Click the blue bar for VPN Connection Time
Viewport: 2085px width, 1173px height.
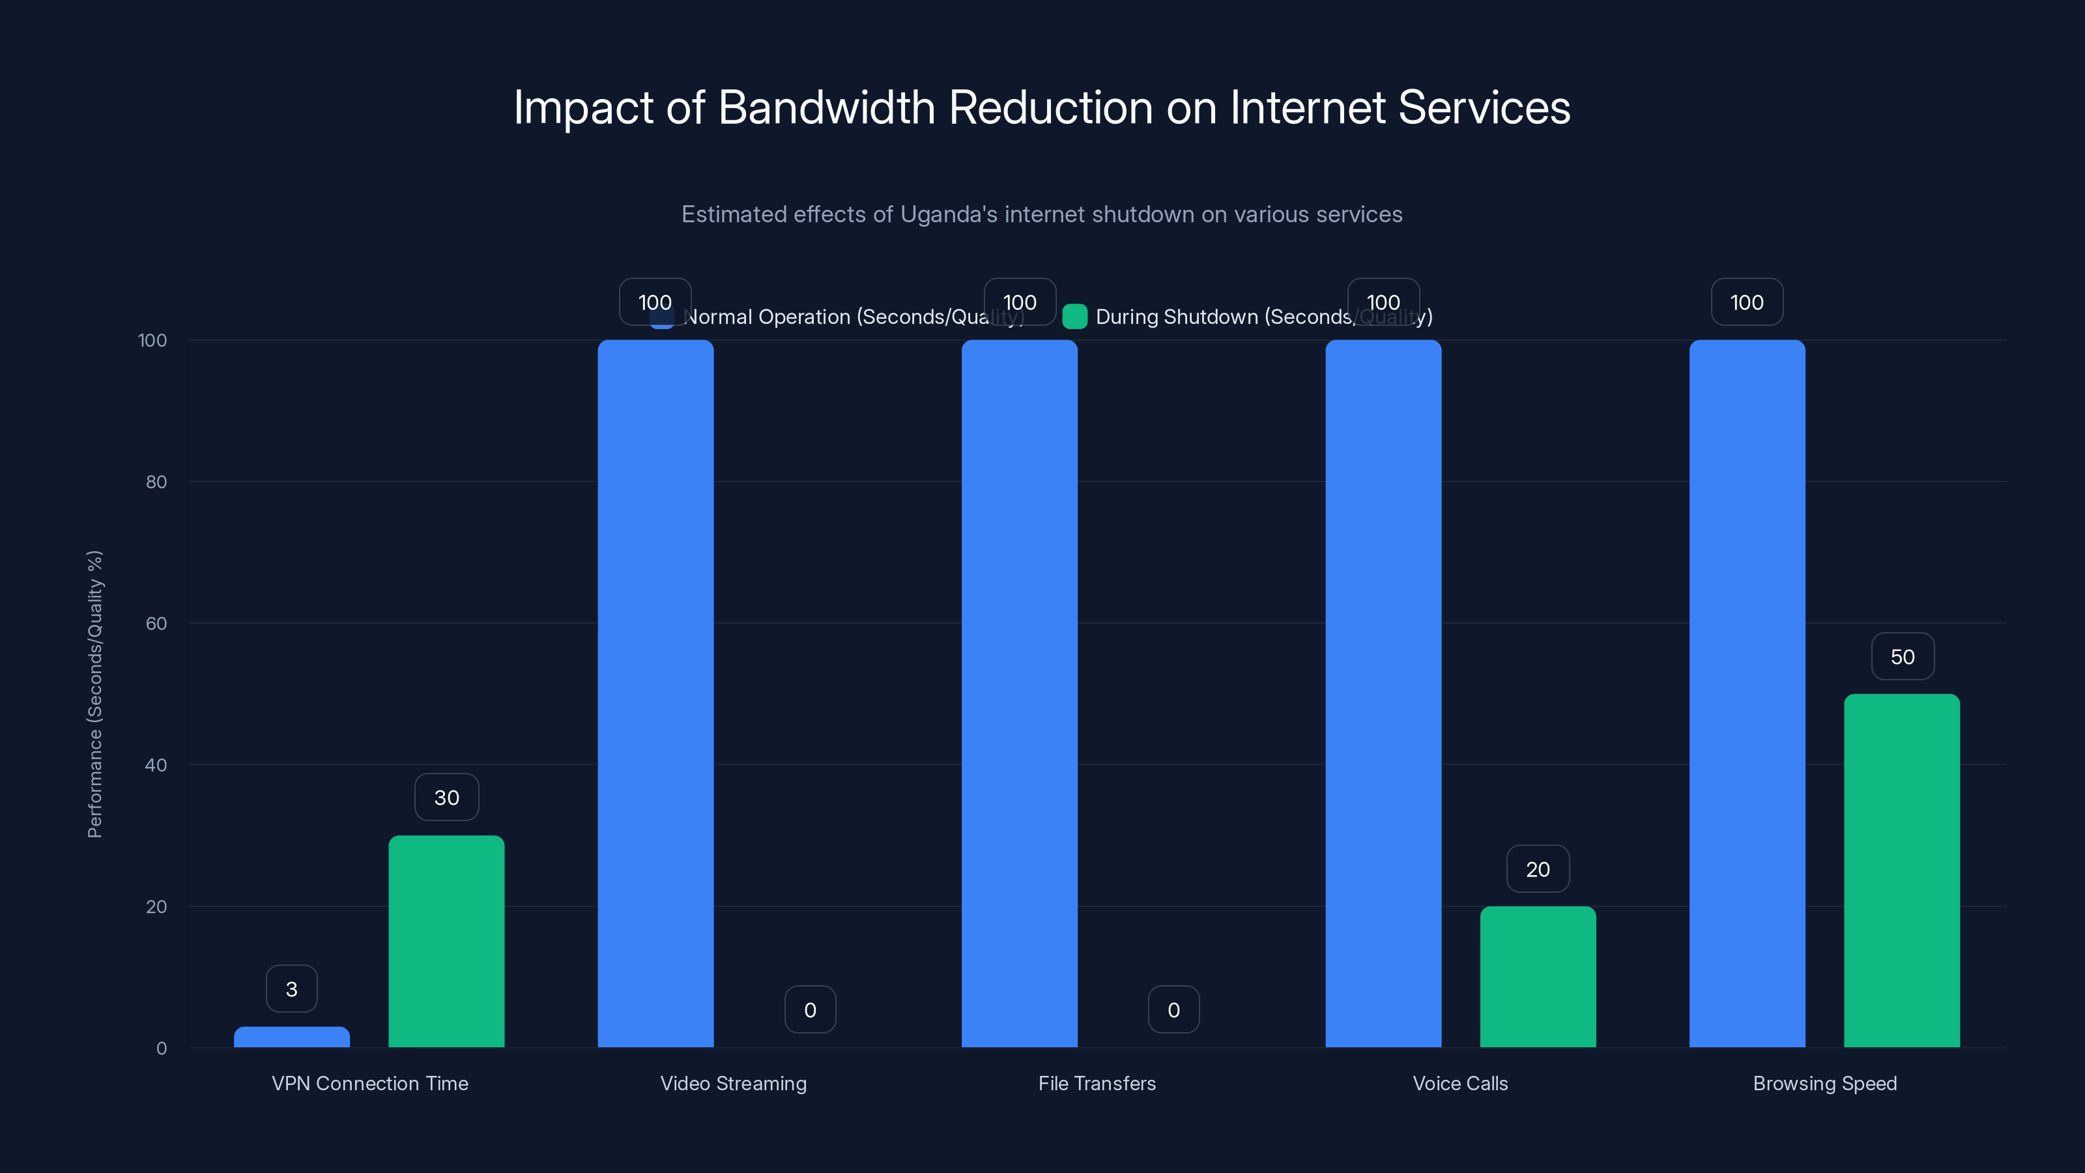point(291,1037)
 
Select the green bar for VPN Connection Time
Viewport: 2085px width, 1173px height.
point(446,942)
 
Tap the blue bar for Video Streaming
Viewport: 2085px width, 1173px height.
point(655,694)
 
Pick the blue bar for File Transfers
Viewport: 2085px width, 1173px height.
point(1019,694)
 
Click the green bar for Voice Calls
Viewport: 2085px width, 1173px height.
point(1538,976)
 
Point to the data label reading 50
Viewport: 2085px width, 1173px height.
point(1902,656)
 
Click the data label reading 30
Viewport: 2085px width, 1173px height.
point(446,798)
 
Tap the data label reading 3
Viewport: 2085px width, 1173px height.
point(291,989)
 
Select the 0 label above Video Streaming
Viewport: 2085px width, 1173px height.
point(809,1009)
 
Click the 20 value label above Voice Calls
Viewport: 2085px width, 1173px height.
point(1537,869)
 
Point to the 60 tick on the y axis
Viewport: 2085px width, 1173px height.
point(156,624)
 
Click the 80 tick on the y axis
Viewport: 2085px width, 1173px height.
point(156,482)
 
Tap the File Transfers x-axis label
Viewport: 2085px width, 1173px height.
point(1097,1083)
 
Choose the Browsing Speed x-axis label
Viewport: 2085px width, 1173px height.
point(1824,1083)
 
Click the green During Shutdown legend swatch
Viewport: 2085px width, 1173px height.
point(1074,317)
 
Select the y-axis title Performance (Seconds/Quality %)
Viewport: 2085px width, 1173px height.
point(94,694)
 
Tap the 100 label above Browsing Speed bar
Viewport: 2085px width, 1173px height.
point(1746,302)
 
